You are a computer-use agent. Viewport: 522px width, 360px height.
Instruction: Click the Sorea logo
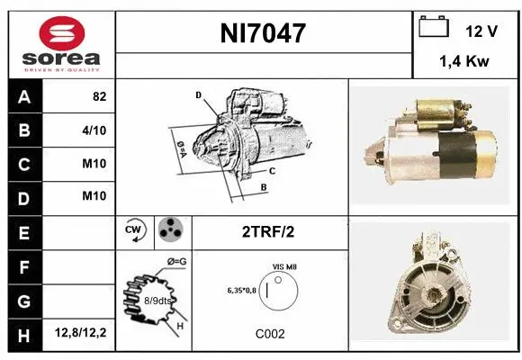pyautogui.click(x=60, y=43)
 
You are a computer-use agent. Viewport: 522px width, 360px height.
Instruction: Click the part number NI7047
pyautogui.click(x=264, y=33)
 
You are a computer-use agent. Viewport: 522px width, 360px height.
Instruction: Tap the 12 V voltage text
pyautogui.click(x=481, y=31)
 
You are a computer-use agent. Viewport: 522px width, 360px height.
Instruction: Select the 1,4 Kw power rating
pyautogui.click(x=463, y=62)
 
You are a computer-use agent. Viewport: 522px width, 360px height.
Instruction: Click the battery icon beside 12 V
pyautogui.click(x=434, y=28)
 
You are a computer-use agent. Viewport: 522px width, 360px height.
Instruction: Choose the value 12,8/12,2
pyautogui.click(x=80, y=334)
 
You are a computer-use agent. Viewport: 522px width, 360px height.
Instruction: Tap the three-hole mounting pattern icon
pyautogui.click(x=170, y=231)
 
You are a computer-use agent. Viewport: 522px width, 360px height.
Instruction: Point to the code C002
pyautogui.click(x=270, y=333)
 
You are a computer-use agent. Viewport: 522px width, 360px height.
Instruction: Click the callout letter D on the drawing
pyautogui.click(x=198, y=94)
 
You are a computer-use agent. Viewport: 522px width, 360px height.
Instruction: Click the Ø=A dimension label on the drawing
pyautogui.click(x=180, y=146)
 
